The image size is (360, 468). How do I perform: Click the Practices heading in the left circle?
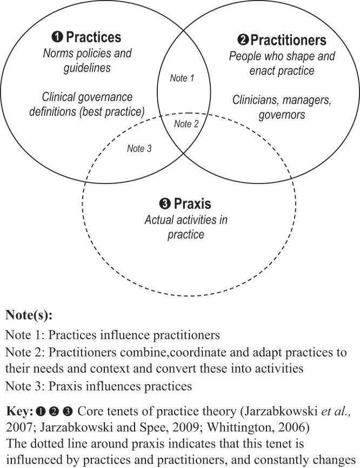click(x=94, y=37)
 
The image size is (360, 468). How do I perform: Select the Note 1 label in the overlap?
click(x=182, y=78)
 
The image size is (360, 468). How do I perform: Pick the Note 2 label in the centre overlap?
click(x=186, y=124)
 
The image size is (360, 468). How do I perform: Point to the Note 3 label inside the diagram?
click(x=139, y=148)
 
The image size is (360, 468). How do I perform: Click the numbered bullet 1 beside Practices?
click(x=57, y=37)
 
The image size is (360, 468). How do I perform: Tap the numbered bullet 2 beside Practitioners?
click(x=243, y=40)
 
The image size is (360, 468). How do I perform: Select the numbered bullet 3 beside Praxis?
click(x=165, y=205)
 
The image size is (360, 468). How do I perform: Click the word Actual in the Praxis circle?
click(x=160, y=220)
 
